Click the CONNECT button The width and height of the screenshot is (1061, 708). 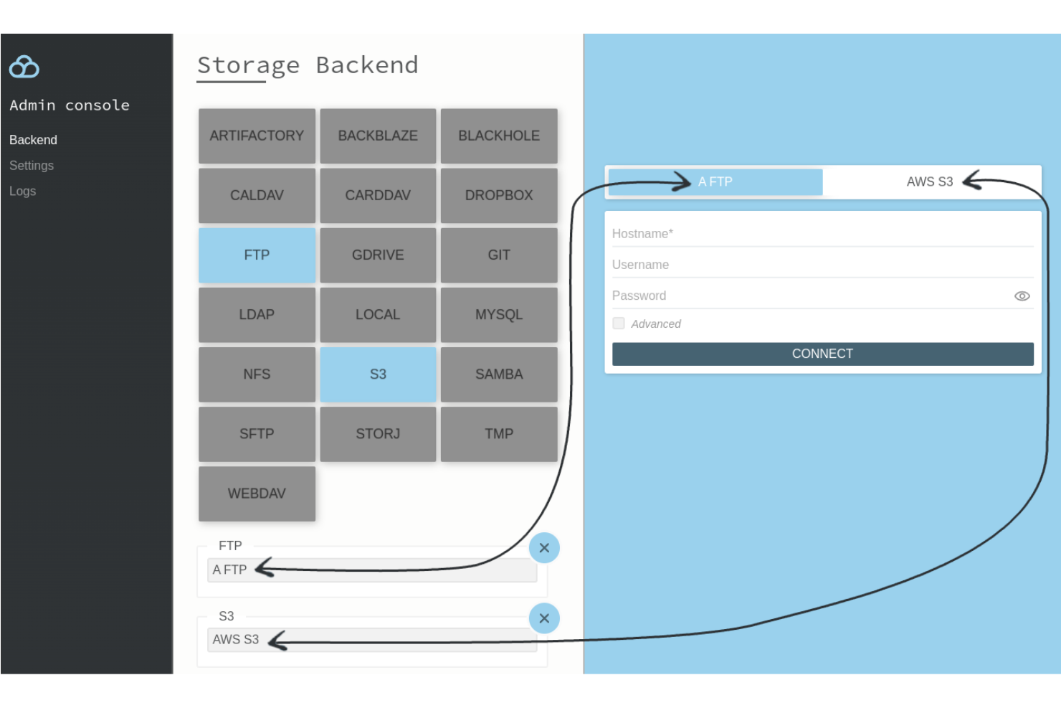[x=822, y=354]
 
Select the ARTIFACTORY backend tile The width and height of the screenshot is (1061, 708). [x=257, y=136]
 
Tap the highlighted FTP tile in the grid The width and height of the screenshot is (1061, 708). [x=257, y=255]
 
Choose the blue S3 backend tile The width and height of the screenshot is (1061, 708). [x=378, y=374]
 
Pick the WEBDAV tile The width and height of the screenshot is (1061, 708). [x=257, y=494]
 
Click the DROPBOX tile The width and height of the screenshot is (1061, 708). [x=499, y=195]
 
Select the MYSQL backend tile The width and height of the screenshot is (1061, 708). [x=499, y=314]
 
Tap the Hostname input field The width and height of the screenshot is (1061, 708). [x=822, y=234]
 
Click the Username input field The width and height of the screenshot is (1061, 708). [x=822, y=265]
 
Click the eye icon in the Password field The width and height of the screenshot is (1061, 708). [x=1022, y=296]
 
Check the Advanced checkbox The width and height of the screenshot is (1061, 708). [x=619, y=324]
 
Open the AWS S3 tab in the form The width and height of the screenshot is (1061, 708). [x=929, y=182]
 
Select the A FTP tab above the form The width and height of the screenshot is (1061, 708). [x=715, y=182]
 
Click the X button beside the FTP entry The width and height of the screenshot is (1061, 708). [x=544, y=548]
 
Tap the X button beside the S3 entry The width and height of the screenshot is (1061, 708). [x=544, y=618]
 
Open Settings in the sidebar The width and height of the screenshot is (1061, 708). [x=32, y=166]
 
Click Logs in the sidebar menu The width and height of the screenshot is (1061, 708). [x=23, y=192]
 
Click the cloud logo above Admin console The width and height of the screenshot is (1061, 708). [x=24, y=67]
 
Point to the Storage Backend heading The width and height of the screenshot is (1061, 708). [x=308, y=65]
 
